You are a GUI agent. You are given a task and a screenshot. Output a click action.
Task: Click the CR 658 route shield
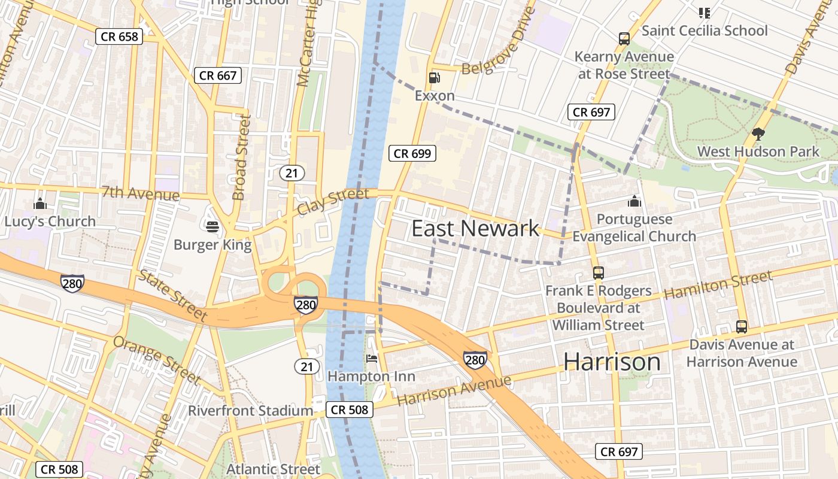120,37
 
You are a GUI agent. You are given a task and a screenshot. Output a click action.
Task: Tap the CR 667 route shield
218,75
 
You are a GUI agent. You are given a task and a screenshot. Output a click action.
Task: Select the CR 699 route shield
412,153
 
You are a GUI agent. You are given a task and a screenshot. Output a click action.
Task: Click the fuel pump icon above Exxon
434,78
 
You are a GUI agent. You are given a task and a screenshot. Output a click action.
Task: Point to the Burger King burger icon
212,227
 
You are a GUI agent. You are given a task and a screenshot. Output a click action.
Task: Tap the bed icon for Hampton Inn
372,359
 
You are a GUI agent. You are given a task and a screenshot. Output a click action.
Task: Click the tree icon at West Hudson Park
758,134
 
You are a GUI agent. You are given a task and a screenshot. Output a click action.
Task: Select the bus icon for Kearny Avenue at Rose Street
624,40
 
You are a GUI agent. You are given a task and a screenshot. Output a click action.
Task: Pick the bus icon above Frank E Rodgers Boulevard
598,273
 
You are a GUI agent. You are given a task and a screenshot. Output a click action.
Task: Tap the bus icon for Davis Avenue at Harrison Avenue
742,327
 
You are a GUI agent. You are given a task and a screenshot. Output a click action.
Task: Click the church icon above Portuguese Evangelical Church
634,201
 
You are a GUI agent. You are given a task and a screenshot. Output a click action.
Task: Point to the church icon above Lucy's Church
40,204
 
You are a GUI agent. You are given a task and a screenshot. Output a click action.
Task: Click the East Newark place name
475,229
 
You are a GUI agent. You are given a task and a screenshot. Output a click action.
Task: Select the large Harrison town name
612,362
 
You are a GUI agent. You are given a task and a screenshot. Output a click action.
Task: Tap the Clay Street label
333,202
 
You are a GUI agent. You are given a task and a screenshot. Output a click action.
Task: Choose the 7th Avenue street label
140,194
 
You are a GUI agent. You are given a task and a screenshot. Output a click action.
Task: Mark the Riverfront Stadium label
250,411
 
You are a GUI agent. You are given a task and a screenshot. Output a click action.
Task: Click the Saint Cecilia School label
704,31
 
